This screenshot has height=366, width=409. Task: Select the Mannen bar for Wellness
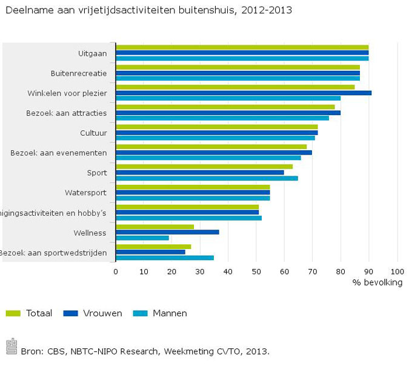[142, 238]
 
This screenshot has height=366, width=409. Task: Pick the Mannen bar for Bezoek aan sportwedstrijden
[165, 258]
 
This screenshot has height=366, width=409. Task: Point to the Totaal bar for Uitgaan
[242, 47]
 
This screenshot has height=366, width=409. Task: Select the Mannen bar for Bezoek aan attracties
[222, 118]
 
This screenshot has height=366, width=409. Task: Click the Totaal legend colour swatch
[14, 313]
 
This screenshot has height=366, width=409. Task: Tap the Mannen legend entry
[170, 313]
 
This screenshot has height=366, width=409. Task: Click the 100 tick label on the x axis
[397, 271]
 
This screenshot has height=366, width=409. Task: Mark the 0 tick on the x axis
[116, 271]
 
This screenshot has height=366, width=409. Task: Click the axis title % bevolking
[377, 282]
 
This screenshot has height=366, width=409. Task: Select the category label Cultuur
[93, 133]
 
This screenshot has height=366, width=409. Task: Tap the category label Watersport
[85, 193]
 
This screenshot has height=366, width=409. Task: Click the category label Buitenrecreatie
[79, 73]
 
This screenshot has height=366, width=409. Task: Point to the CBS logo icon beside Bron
[11, 347]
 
